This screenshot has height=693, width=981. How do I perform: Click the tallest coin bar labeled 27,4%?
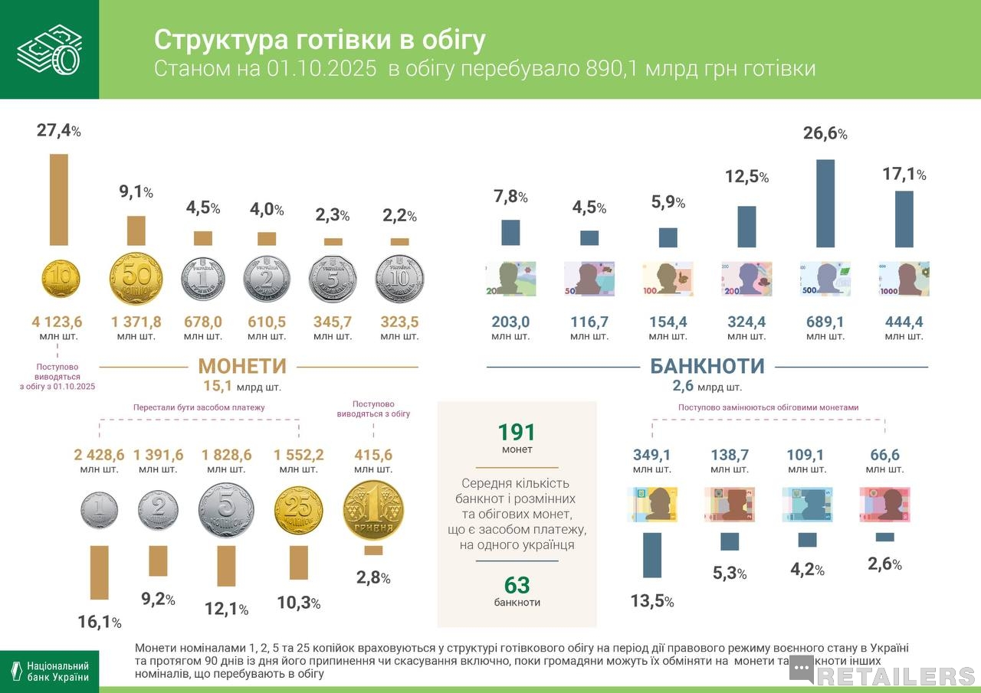point(59,199)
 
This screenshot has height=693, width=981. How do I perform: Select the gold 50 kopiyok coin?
point(136,279)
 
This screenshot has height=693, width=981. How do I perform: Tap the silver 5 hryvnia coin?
point(333,279)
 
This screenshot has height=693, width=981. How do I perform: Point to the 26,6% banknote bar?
point(825,203)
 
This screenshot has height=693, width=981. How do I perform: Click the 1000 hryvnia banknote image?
point(904,279)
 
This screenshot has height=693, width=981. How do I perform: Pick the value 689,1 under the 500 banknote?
point(825,322)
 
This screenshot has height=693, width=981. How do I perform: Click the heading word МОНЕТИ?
point(242,366)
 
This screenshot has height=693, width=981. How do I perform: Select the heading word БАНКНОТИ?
point(707,366)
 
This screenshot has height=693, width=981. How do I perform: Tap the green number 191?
point(517,433)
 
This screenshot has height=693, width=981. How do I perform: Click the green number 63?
point(517,586)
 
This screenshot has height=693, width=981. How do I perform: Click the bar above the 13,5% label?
point(652,554)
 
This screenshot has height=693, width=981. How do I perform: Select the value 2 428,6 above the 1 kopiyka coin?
point(100,455)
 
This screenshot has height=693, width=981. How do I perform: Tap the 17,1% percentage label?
point(904,175)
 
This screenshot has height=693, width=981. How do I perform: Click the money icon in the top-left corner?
point(49,49)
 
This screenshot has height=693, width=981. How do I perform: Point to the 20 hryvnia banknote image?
point(510,279)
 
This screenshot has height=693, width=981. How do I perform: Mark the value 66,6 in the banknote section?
point(884,455)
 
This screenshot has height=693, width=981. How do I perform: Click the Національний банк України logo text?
point(58,672)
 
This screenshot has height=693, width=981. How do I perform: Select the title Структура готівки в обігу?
point(320,40)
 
